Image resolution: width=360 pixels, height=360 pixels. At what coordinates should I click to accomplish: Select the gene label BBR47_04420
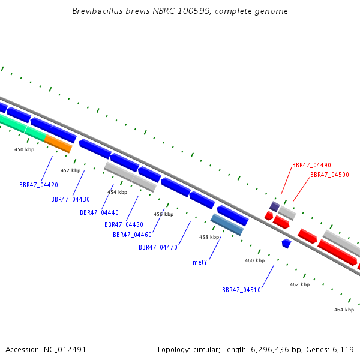coord(38,185)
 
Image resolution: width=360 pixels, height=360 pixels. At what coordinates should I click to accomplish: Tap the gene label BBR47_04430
coord(70,199)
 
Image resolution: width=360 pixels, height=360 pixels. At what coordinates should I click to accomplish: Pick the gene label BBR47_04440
coord(99,212)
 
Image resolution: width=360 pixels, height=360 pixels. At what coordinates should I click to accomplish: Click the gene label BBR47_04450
coord(124,224)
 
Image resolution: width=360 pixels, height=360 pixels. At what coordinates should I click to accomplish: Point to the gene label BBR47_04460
coord(132,235)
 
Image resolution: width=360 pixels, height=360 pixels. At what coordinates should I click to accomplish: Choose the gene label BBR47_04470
coord(158,247)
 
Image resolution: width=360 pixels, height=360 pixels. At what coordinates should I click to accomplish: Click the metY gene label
coord(200,262)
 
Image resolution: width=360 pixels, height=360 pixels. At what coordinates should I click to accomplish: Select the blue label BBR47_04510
coord(241,290)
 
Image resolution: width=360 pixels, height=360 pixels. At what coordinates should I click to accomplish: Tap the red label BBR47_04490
coord(311,165)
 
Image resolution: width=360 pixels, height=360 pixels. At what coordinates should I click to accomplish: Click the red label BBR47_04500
coord(329,175)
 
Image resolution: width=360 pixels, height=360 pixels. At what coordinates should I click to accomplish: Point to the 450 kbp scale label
coord(25,149)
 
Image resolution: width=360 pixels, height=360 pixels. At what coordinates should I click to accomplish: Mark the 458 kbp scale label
coord(209,237)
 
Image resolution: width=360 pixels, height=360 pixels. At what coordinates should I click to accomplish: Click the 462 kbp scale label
coord(299,284)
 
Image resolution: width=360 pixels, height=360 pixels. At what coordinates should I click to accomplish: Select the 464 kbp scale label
coord(344,310)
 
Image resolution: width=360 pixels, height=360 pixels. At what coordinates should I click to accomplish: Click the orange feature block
coord(58,144)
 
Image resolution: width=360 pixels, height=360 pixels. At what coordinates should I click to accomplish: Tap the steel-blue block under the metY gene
coord(227,224)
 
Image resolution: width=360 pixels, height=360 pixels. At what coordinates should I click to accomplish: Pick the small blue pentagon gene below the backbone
coord(287,244)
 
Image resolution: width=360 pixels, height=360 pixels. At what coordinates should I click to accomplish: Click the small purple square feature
coord(275,206)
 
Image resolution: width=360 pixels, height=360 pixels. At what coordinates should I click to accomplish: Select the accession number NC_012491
coord(65,350)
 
